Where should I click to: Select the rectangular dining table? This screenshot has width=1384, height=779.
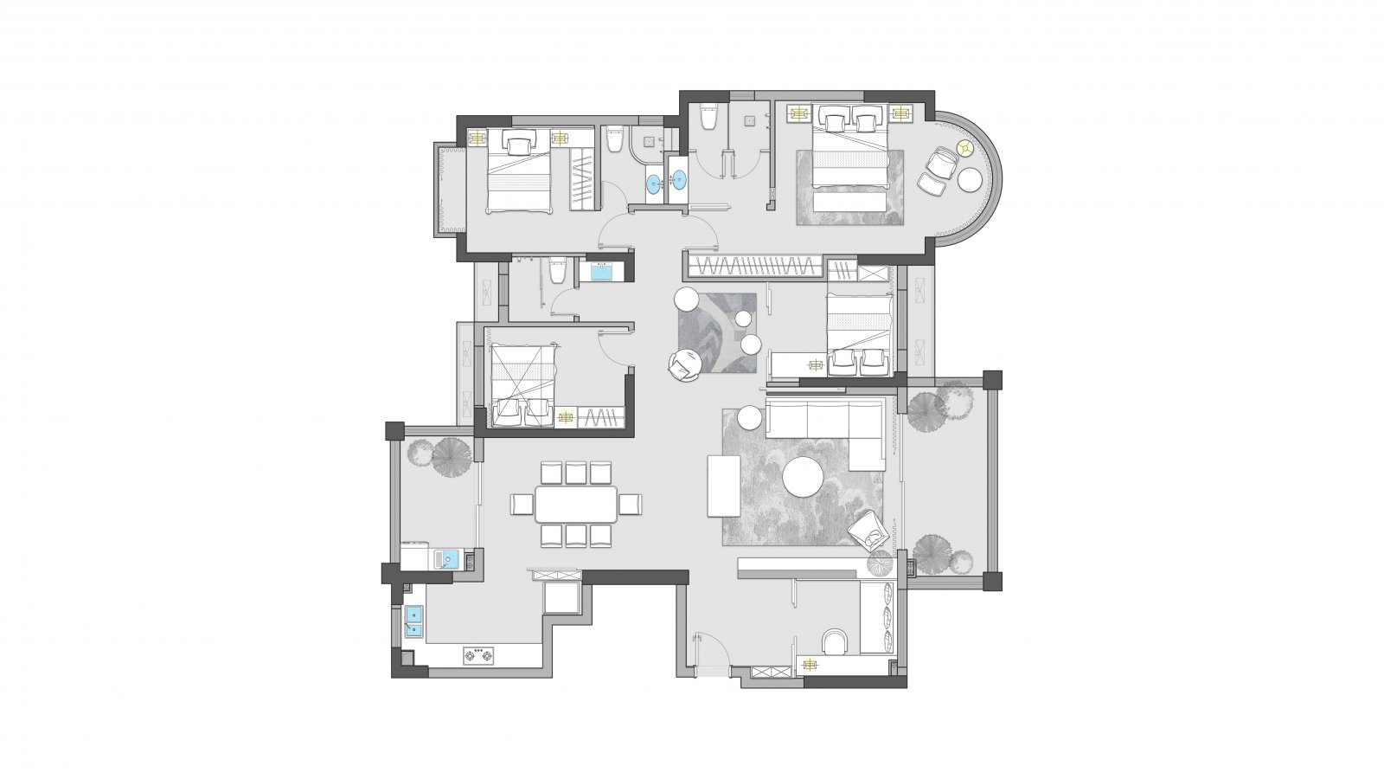(x=576, y=504)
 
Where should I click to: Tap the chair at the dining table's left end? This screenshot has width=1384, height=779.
(x=522, y=504)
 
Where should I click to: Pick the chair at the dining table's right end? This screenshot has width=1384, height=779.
(x=631, y=504)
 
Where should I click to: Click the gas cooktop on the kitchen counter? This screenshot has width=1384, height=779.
(x=477, y=656)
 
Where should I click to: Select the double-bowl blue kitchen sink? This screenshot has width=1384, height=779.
(x=413, y=621)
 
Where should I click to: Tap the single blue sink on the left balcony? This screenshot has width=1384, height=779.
(x=446, y=558)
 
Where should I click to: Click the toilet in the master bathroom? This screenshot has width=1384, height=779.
(x=708, y=117)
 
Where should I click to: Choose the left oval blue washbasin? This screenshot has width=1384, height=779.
(x=653, y=183)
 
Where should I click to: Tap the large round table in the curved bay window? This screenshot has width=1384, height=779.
(x=970, y=180)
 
